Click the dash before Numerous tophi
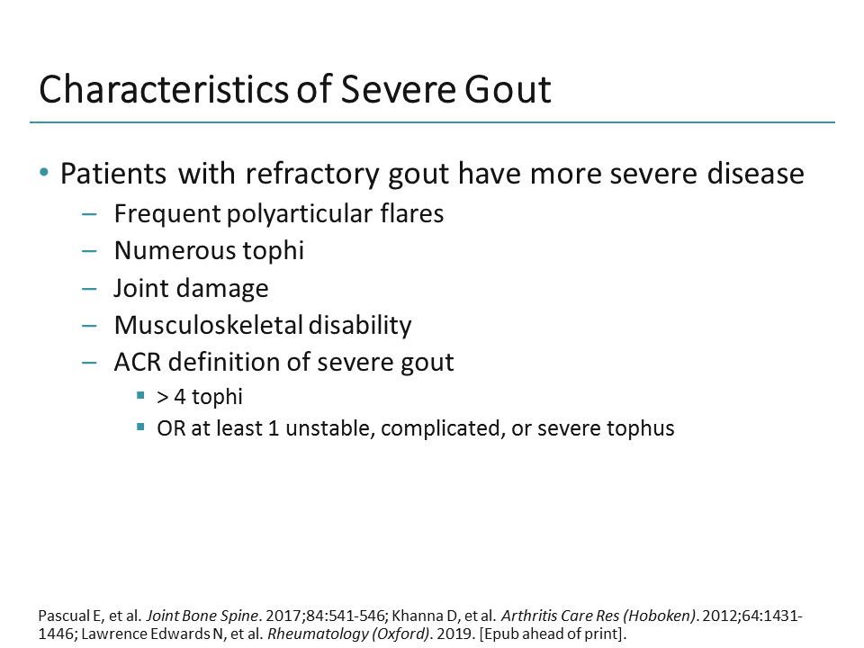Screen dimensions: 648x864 [x=89, y=251]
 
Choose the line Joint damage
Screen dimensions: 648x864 [x=191, y=288]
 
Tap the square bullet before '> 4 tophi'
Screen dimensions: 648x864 [x=140, y=396]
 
